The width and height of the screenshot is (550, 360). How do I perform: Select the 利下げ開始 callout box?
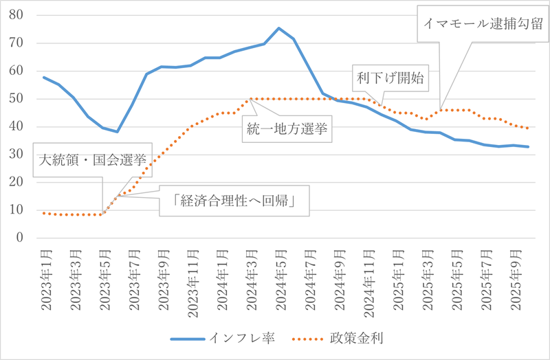(x=390, y=78)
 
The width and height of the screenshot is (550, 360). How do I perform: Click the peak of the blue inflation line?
(x=278, y=28)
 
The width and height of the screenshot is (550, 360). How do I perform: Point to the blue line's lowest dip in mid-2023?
(x=117, y=131)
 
